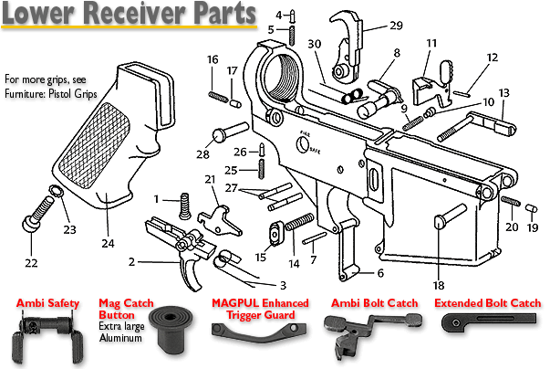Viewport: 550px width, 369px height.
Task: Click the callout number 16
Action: pyautogui.click(x=213, y=59)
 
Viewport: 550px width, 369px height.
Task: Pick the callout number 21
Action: pyautogui.click(x=210, y=179)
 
